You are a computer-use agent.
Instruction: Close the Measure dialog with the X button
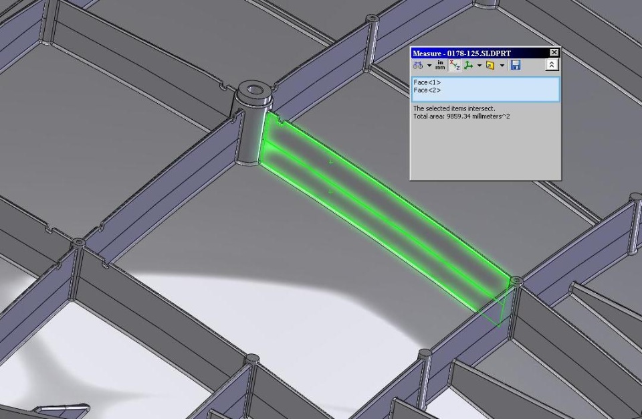[554, 52]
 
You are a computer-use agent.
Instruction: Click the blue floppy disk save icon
[516, 65]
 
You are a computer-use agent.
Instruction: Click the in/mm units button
[440, 65]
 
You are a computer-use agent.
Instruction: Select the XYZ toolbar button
[455, 65]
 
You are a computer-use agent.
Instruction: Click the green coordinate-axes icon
[468, 65]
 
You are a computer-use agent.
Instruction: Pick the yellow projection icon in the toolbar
[490, 65]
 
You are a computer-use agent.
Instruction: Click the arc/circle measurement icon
[418, 65]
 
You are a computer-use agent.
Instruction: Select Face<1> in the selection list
[427, 82]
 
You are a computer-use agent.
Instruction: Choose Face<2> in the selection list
[427, 90]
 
